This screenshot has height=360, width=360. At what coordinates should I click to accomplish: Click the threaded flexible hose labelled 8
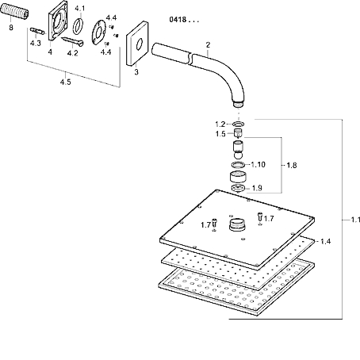point(14,13)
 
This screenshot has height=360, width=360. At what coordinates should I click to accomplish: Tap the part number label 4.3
point(36,43)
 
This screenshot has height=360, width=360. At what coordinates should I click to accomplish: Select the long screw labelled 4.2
point(72,40)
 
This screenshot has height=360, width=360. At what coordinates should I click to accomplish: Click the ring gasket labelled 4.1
point(78,26)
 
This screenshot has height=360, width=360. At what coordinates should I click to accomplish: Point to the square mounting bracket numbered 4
point(58,21)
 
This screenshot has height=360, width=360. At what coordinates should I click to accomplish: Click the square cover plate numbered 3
point(137,44)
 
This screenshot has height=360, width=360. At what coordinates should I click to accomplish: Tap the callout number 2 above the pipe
point(208,45)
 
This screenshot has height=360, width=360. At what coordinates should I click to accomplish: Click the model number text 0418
point(178,20)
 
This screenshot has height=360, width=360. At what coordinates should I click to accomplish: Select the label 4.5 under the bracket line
point(65,82)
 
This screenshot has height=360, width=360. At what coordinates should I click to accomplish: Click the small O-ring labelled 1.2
point(238,124)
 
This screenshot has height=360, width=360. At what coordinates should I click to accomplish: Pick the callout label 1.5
point(220,134)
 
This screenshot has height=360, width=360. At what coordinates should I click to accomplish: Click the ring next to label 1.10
point(238,165)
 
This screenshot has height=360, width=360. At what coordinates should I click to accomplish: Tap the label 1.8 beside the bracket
point(292,165)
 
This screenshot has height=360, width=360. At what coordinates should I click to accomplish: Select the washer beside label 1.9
point(238,189)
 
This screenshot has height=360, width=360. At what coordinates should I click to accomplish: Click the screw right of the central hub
point(260,216)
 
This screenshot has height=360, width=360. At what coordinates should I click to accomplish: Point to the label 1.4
point(325,241)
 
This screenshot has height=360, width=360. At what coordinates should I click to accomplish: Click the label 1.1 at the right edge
point(355,220)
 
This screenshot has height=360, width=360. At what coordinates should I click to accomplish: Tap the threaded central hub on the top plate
point(238,225)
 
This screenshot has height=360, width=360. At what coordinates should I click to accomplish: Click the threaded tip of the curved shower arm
point(239,104)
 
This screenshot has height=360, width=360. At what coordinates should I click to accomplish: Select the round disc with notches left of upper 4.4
point(99,33)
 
